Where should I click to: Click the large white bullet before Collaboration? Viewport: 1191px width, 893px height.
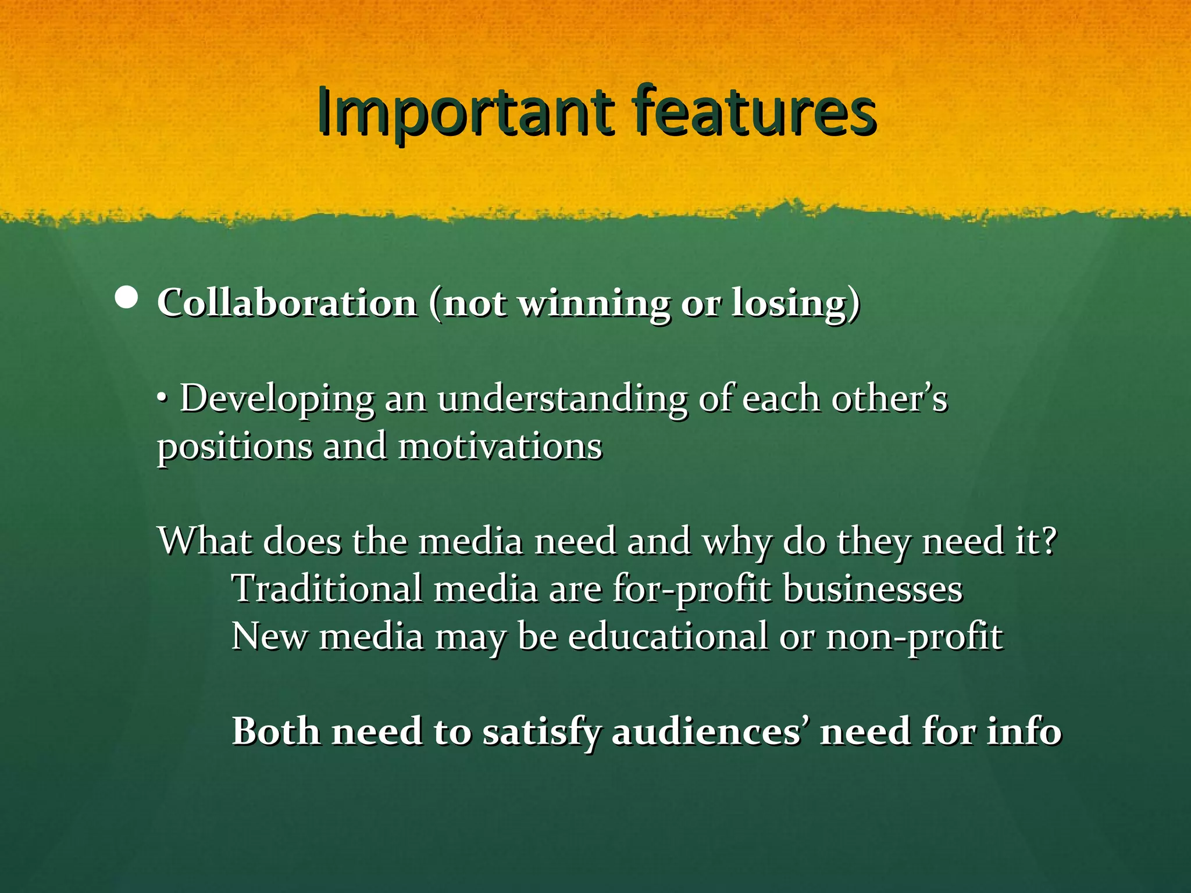click(x=126, y=298)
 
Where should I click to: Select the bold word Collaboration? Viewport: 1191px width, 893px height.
click(x=287, y=303)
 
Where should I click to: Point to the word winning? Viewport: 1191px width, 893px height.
click(x=593, y=304)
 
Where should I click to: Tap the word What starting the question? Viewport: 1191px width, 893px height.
click(x=205, y=541)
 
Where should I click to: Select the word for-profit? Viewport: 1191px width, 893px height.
click(x=691, y=590)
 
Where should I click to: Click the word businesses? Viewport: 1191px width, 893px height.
click(x=872, y=588)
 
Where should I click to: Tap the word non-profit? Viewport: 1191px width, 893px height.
click(x=914, y=637)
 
